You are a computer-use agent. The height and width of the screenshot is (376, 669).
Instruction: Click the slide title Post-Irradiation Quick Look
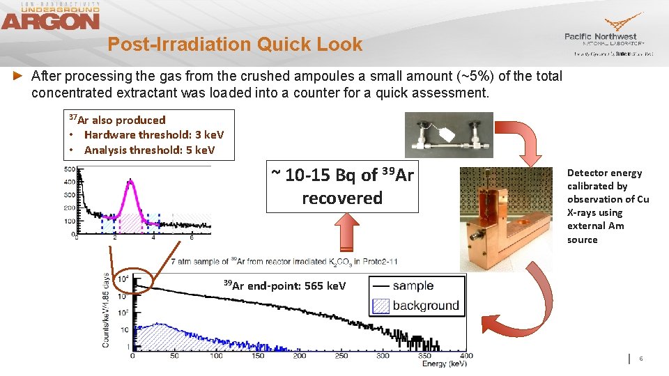point(235,45)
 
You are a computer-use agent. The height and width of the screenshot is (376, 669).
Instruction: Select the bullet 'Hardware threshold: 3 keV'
point(154,135)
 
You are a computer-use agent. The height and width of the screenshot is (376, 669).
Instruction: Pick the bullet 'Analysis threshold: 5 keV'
point(149,150)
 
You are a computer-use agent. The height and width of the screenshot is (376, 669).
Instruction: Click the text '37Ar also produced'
point(116,120)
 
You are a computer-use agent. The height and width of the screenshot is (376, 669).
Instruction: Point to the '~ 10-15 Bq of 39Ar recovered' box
point(342,187)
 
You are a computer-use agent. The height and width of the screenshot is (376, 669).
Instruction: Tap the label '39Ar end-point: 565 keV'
point(284,285)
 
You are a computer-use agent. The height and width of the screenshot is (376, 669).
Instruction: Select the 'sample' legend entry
point(412,285)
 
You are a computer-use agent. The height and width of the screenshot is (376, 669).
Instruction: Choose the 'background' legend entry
point(415,305)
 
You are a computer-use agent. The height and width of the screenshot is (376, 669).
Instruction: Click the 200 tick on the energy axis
point(299,356)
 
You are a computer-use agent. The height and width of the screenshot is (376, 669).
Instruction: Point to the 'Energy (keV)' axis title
point(444,363)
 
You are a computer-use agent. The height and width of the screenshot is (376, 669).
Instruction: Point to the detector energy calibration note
point(608,206)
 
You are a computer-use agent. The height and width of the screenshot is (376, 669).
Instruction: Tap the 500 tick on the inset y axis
point(70,169)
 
